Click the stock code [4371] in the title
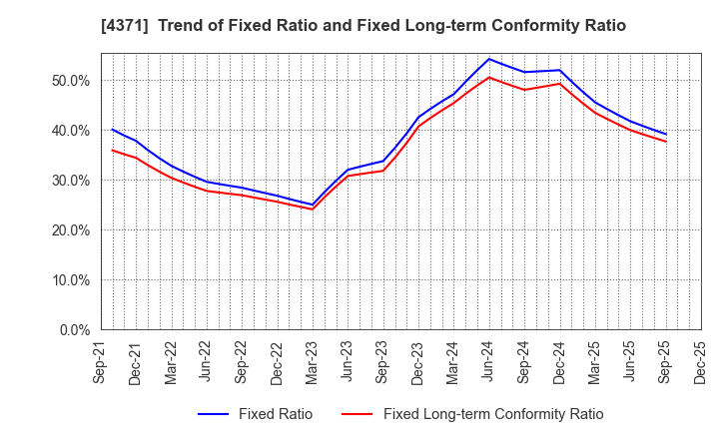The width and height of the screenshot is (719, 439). tap(118, 26)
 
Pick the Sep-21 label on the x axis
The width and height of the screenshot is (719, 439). tap(101, 365)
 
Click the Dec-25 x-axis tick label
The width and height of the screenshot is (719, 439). tap(701, 365)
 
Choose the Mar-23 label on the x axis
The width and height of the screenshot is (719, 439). tap(313, 365)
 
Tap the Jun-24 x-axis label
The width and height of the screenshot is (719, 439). tap(489, 365)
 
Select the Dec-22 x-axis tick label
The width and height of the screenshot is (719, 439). tap(278, 365)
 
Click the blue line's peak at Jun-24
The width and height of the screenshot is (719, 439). tap(489, 59)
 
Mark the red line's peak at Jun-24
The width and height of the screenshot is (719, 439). tap(489, 77)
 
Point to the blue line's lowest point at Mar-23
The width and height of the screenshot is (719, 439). tap(313, 205)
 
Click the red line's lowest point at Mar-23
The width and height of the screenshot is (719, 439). tap(313, 210)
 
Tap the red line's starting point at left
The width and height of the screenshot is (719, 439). tap(112, 151)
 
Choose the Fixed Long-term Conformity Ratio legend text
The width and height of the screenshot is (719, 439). tap(493, 414)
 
